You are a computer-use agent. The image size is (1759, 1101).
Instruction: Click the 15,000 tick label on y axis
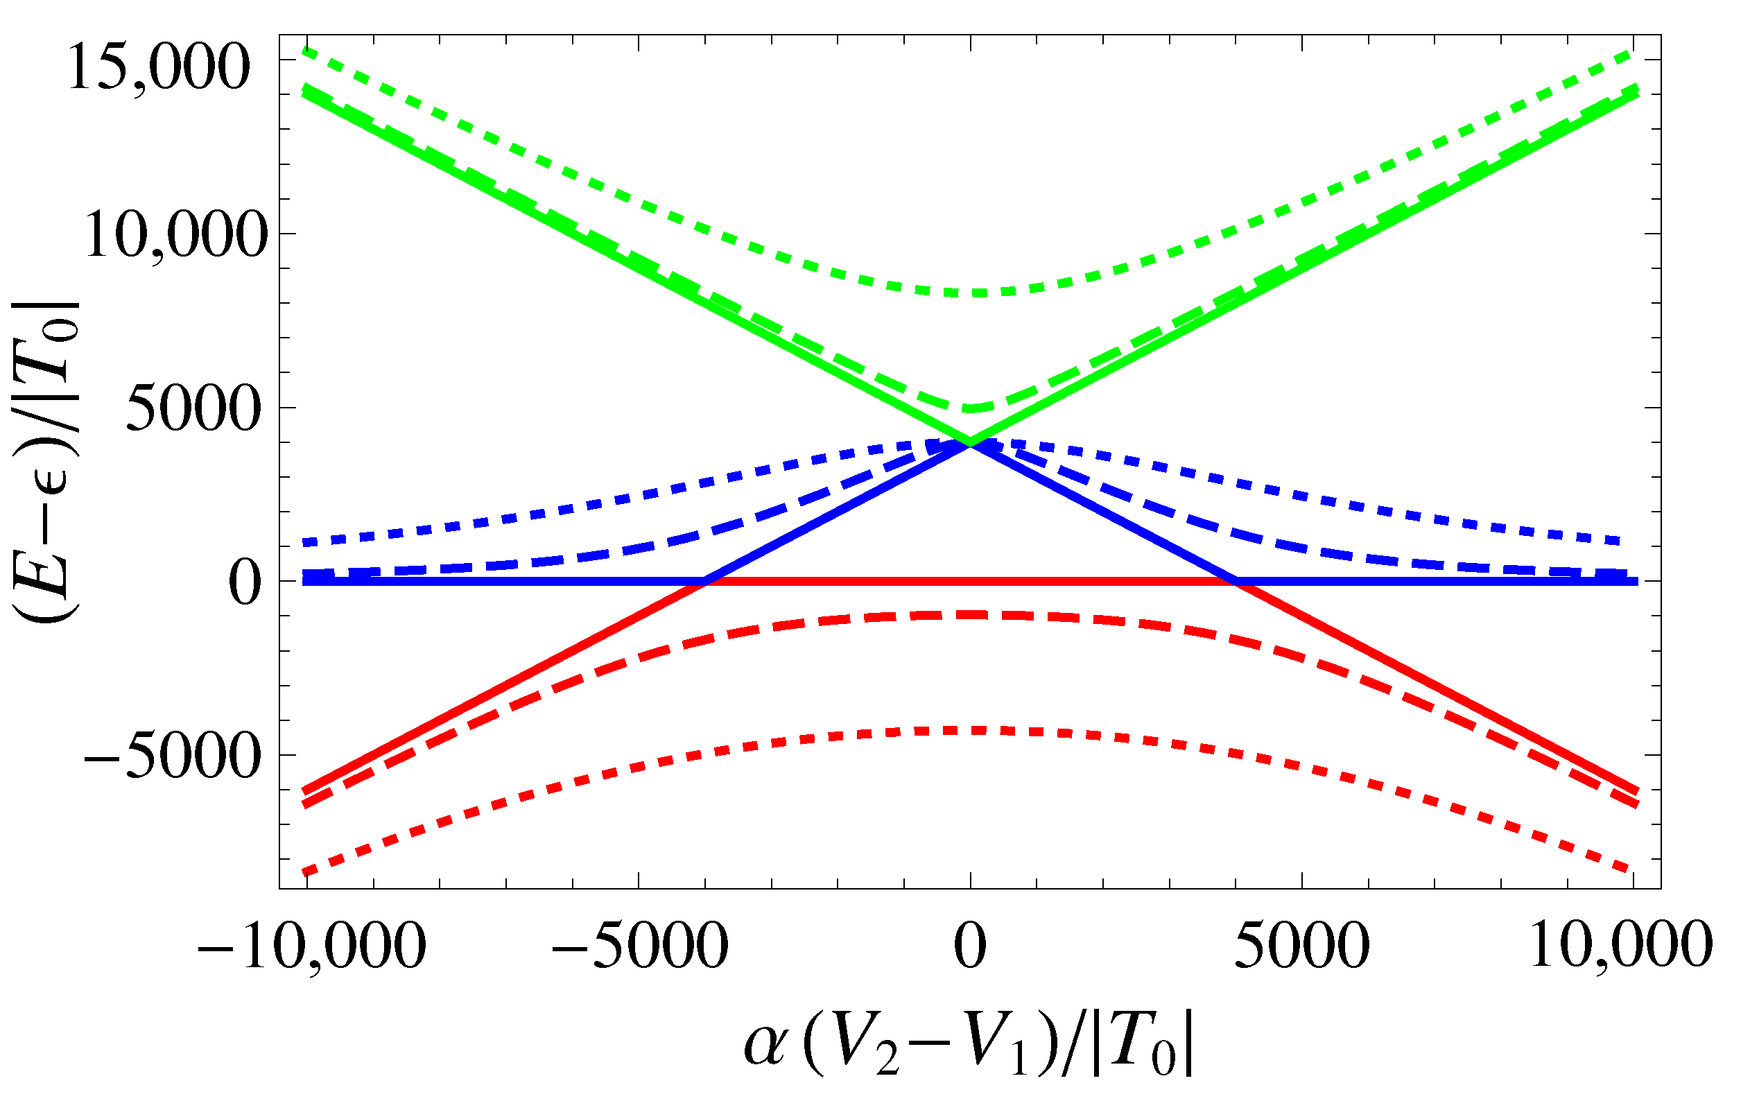coord(158,67)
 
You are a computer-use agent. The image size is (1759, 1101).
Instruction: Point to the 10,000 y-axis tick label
coord(173,235)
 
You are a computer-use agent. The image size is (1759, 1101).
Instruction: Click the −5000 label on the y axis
coord(172,756)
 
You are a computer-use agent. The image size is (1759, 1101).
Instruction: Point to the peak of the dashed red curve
coord(970,614)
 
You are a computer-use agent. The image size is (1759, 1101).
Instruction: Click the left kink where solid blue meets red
coord(704,581)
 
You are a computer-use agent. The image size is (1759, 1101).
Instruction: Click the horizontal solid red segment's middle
coord(970,581)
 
